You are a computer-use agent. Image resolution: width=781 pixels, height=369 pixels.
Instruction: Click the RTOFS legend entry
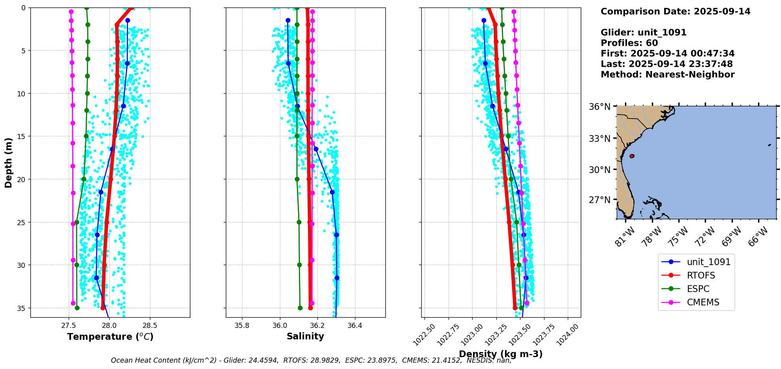pyautogui.click(x=701, y=275)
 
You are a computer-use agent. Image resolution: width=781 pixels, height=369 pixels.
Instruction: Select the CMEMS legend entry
pyautogui.click(x=703, y=302)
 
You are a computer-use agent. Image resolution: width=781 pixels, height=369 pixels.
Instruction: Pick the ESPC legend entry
pyautogui.click(x=698, y=289)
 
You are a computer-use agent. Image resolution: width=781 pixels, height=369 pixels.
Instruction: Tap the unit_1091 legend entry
pyautogui.click(x=708, y=262)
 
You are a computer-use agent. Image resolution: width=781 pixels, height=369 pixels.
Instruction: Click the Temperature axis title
pyautogui.click(x=110, y=337)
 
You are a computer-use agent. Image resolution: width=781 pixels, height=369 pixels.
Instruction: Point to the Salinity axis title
pyautogui.click(x=305, y=336)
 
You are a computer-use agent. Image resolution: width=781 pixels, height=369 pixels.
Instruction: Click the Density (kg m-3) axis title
pyautogui.click(x=501, y=354)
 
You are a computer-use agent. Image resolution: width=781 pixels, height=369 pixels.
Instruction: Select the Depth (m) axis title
pyautogui.click(x=8, y=162)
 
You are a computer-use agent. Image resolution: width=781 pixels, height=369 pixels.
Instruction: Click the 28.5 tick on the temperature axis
pyautogui.click(x=150, y=326)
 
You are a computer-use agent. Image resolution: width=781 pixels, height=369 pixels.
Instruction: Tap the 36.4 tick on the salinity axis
pyautogui.click(x=355, y=326)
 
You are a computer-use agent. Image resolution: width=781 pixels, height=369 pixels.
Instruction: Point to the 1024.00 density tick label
pyautogui.click(x=568, y=335)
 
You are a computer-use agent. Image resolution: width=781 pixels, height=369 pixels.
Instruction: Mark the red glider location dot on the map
pyautogui.click(x=632, y=156)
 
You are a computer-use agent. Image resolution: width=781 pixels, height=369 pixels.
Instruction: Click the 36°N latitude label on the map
pyautogui.click(x=600, y=107)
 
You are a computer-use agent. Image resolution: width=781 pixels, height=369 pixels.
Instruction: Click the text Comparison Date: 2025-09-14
pyautogui.click(x=675, y=11)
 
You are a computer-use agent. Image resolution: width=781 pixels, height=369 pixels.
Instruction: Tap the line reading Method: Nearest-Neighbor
pyautogui.click(x=667, y=75)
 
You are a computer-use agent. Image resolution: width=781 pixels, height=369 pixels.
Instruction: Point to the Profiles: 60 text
pyautogui.click(x=629, y=43)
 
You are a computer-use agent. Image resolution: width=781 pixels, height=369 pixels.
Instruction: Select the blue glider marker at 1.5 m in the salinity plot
pyautogui.click(x=288, y=20)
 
